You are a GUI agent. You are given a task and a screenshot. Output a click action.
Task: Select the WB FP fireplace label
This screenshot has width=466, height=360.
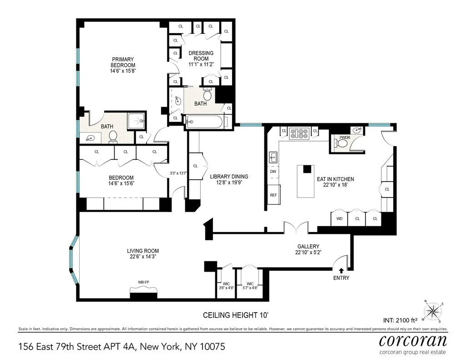pos(144,283)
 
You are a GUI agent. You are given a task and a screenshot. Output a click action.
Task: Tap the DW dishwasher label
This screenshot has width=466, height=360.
pos(273,172)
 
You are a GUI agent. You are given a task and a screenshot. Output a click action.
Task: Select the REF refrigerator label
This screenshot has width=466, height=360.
pos(273,195)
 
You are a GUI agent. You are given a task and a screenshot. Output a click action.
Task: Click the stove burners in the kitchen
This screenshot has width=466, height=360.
pos(299,133)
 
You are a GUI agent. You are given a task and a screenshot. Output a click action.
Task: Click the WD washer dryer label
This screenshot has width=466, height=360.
pos(339,219)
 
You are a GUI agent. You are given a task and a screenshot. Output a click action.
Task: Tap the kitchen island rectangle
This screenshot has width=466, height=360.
pos(305,181)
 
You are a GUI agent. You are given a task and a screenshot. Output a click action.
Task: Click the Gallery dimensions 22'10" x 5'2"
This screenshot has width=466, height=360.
pos(308,253)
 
